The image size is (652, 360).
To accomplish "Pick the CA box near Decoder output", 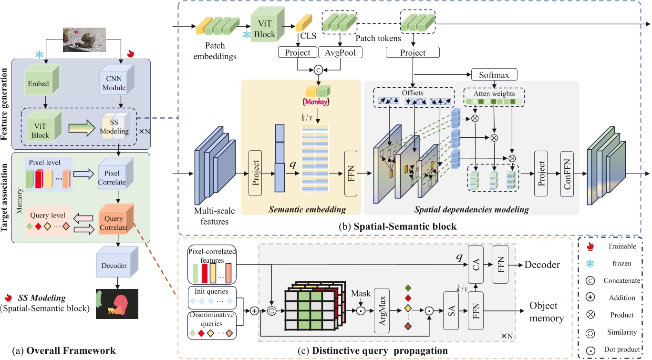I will [476, 261].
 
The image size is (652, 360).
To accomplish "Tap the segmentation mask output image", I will [116, 303].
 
